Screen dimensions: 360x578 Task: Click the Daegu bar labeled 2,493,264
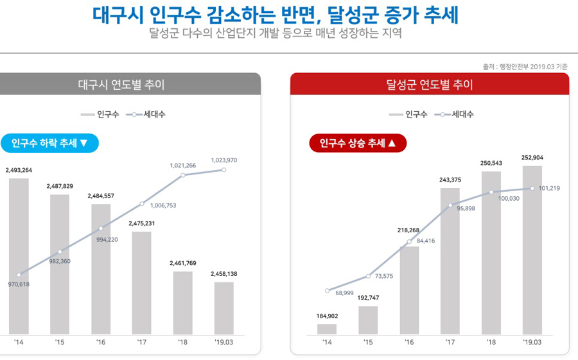[19, 257]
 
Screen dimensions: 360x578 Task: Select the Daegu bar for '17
[142, 282]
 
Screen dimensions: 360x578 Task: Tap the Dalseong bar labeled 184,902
[327, 329]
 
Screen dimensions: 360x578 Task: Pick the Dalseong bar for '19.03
[532, 250]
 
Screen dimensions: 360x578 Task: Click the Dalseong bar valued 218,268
[409, 290]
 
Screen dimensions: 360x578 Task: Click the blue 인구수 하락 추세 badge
[49, 143]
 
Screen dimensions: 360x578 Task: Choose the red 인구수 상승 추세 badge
[358, 143]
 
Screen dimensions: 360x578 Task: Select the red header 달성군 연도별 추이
[429, 85]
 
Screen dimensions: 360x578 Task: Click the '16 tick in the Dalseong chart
[409, 343]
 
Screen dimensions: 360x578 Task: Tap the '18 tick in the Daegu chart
[183, 343]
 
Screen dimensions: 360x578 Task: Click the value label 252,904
[532, 158]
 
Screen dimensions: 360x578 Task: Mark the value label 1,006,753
[163, 206]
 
